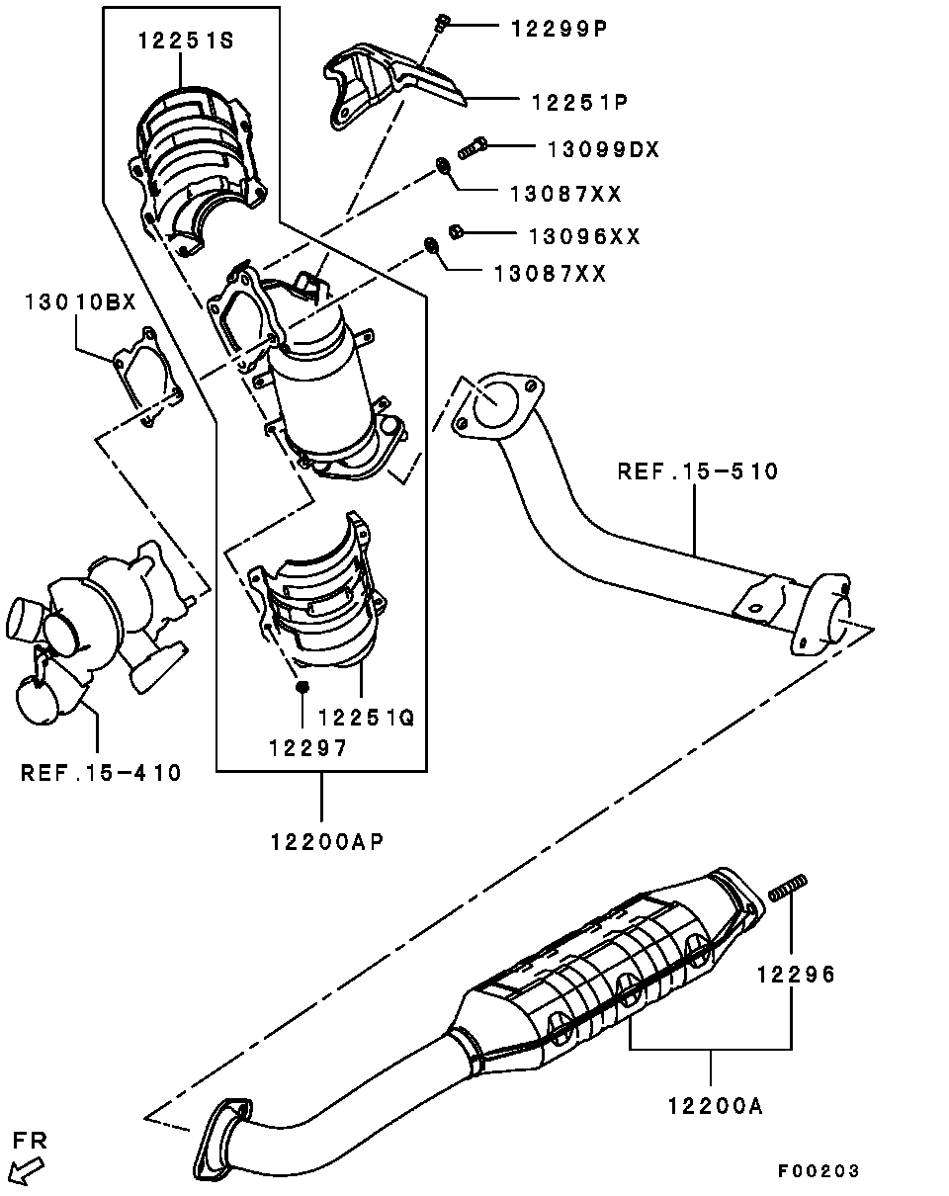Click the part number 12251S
pos(186,41)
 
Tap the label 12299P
pos(560,28)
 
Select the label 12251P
pos(580,102)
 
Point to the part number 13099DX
pos(604,149)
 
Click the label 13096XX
pos(584,236)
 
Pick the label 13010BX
pos(81,301)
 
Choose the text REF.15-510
pos(698,471)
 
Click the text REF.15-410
pos(101,773)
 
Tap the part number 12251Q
pos(367,718)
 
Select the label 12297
pos(308,748)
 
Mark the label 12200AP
pos(327,842)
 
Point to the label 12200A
pos(716,1106)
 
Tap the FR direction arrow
pos(27,1170)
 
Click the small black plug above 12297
pos(302,687)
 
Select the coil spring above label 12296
pos(788,887)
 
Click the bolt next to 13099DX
pos(473,148)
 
